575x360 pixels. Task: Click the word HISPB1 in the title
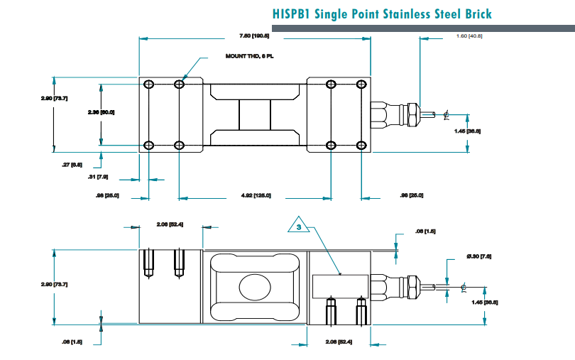point(296,14)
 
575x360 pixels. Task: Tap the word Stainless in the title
point(410,14)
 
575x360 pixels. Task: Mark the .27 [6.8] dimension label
point(72,165)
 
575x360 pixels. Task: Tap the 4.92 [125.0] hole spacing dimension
point(255,195)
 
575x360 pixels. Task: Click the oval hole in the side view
point(255,287)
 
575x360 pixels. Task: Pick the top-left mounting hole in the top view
point(148,85)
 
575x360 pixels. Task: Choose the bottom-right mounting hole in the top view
point(361,146)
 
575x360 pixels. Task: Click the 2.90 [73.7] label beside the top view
point(54,98)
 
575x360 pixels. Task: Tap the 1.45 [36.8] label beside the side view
point(486,302)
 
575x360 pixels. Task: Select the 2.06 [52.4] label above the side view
point(170,224)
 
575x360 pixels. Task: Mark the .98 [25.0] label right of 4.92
point(412,195)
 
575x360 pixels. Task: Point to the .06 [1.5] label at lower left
point(72,342)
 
